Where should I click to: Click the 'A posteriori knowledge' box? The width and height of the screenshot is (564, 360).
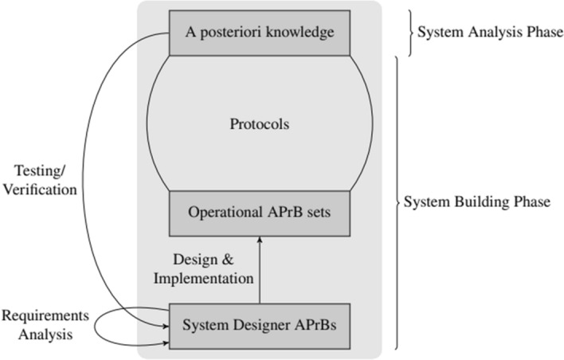(x=259, y=33)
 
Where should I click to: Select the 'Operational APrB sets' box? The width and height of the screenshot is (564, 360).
(x=259, y=213)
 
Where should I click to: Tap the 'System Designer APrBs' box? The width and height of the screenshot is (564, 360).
(x=259, y=325)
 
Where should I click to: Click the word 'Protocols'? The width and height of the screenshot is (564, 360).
(x=259, y=124)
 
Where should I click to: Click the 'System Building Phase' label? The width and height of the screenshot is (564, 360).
(x=476, y=202)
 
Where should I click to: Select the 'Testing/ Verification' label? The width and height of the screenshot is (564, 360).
(x=45, y=180)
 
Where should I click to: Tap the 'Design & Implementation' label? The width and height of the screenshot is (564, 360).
(x=213, y=268)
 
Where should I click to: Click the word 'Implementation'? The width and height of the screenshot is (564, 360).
(x=213, y=278)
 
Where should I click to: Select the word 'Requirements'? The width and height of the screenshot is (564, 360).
(x=45, y=316)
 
